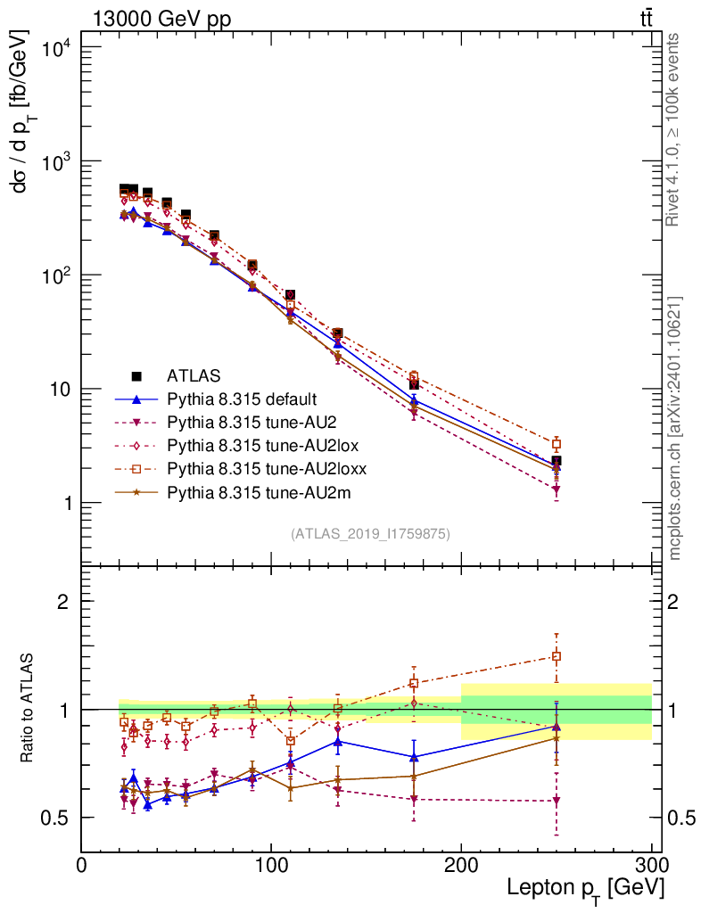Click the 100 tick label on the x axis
271,864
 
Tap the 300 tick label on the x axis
651,864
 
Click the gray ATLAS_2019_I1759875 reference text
370,533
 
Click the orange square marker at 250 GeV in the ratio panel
557,656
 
